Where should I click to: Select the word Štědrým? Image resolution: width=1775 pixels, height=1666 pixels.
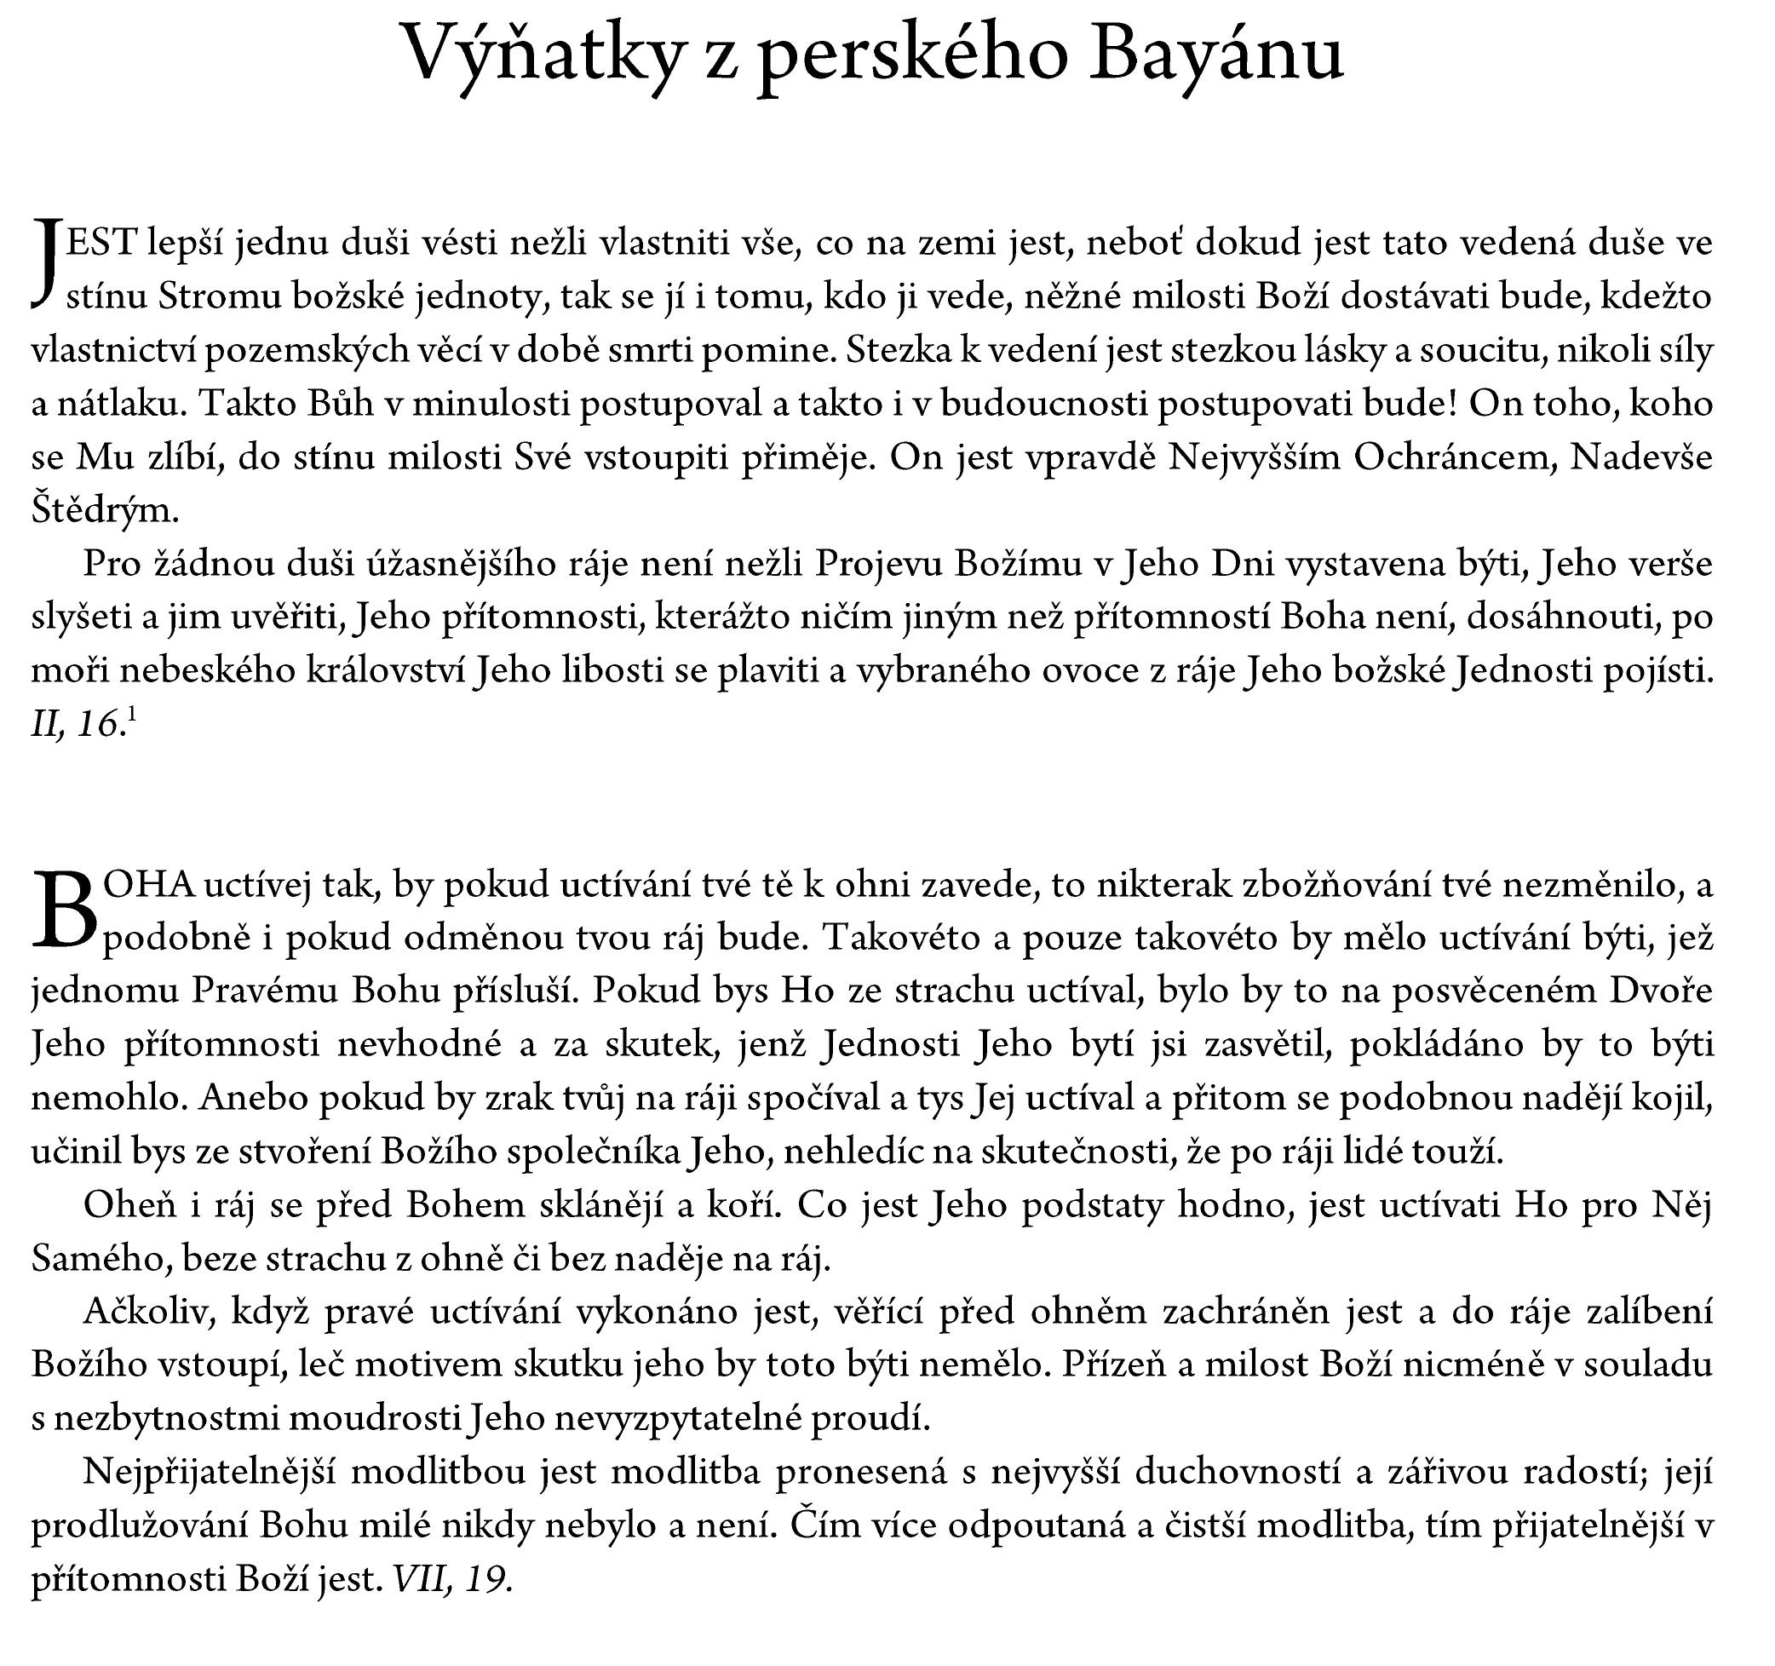tap(106, 512)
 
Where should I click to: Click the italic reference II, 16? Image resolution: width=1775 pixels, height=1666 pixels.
tap(76, 725)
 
